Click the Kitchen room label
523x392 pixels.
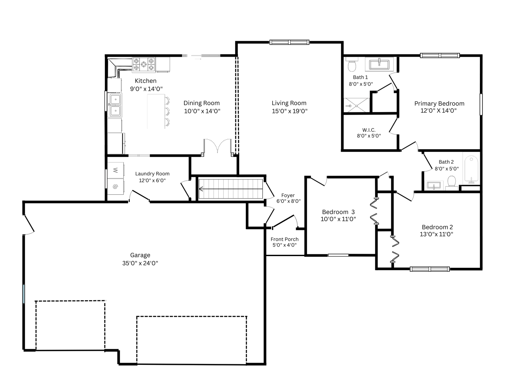click(145, 81)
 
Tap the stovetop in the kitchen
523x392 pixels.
click(144, 64)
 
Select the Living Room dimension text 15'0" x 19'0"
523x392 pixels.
click(290, 111)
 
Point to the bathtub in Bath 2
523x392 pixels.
click(471, 170)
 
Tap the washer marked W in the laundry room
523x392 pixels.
click(116, 170)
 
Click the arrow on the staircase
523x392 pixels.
click(231, 189)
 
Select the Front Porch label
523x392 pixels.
click(284, 239)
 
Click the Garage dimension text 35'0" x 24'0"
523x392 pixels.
click(140, 263)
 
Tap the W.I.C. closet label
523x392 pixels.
click(369, 130)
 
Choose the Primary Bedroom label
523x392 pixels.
click(439, 104)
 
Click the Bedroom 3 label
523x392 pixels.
click(338, 212)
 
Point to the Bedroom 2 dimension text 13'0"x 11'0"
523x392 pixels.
click(436, 234)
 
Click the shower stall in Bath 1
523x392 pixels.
click(356, 105)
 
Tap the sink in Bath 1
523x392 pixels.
click(379, 64)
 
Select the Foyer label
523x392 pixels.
click(288, 195)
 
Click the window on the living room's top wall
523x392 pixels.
click(289, 42)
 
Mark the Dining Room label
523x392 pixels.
click(202, 103)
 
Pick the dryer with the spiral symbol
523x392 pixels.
click(116, 187)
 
